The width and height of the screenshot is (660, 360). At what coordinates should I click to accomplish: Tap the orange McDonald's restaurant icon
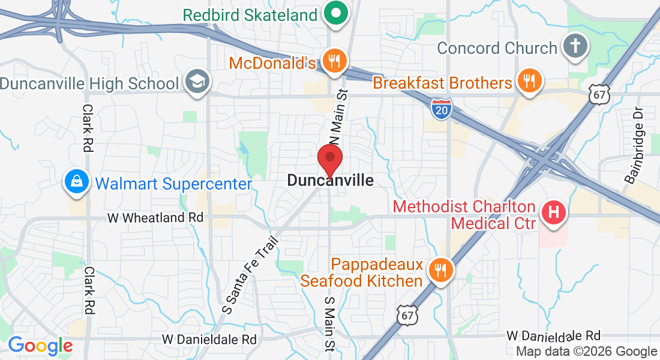tap(333, 61)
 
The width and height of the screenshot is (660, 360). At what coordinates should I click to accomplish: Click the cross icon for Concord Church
tap(575, 47)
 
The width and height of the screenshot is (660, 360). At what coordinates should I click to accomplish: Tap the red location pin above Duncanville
tap(329, 159)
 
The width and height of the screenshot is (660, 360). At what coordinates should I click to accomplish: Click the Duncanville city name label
tap(330, 181)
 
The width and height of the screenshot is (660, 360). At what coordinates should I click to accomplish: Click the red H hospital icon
tap(554, 212)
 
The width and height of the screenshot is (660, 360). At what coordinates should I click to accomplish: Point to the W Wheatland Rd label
tap(155, 218)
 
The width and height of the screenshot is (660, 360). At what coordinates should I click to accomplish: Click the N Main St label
tap(337, 117)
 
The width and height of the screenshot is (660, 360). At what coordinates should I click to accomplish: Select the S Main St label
tap(329, 323)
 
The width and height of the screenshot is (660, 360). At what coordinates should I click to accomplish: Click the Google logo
tap(40, 346)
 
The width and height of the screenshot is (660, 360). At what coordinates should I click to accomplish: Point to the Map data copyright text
tap(587, 352)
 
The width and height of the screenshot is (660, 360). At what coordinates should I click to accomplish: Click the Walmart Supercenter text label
tap(173, 183)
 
